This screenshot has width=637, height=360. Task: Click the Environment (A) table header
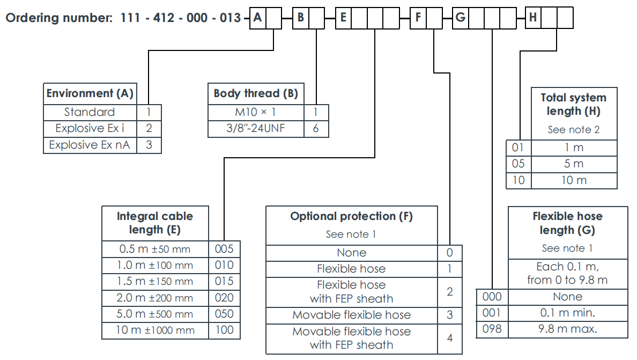point(90,93)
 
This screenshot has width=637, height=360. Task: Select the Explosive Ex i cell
point(90,128)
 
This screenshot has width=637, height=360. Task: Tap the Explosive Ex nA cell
point(90,145)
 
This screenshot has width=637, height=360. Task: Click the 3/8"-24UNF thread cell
point(255,129)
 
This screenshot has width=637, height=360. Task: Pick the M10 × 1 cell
point(255,112)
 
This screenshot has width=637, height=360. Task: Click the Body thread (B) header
point(255,93)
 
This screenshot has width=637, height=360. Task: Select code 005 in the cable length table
point(224,248)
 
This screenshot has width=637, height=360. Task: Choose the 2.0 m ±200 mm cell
point(155,298)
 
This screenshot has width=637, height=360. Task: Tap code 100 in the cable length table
point(224,330)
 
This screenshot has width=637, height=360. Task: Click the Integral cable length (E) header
point(155,223)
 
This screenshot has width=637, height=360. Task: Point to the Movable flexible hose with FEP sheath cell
point(351,338)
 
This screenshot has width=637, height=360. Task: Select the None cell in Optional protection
point(351,253)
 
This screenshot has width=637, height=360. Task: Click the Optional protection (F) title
point(351,216)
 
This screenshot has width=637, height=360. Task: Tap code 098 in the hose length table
point(492,329)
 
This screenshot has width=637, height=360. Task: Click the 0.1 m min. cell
point(567,313)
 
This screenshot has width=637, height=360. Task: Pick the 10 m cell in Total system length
point(574,180)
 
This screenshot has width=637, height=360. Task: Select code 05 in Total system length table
point(519,164)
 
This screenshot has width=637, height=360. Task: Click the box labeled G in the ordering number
point(461,18)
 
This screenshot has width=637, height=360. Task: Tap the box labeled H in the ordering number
point(533,18)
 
